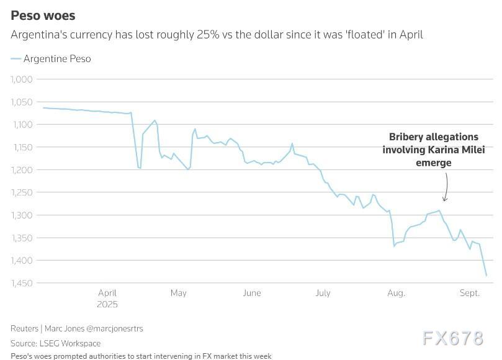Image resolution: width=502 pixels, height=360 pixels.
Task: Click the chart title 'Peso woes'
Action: pos(43,16)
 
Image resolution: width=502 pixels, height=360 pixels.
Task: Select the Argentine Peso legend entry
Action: pos(56,59)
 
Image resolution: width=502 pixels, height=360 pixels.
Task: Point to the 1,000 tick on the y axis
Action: pos(22,79)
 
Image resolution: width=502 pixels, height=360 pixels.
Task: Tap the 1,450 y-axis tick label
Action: pos(22,283)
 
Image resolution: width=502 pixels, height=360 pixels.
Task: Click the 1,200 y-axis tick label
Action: pos(22,169)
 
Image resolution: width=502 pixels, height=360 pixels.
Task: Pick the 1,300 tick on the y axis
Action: pos(22,215)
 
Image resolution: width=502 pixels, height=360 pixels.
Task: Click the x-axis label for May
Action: pos(178,293)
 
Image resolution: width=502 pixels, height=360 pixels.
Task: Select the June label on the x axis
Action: pos(251,293)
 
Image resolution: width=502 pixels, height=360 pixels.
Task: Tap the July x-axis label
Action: pos(323,293)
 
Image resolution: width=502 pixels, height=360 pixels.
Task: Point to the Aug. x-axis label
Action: pos(396,293)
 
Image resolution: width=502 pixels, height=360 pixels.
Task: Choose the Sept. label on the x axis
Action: pos(470,293)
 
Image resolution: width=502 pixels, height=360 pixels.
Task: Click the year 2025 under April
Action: pos(107,305)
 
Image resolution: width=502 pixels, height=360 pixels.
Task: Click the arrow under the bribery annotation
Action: pos(446,187)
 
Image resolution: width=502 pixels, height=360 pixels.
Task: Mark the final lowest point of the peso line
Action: pos(486,275)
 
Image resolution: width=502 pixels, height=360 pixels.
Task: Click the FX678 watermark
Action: pos(453,338)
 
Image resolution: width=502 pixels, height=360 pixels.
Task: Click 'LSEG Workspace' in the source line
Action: pos(70,343)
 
